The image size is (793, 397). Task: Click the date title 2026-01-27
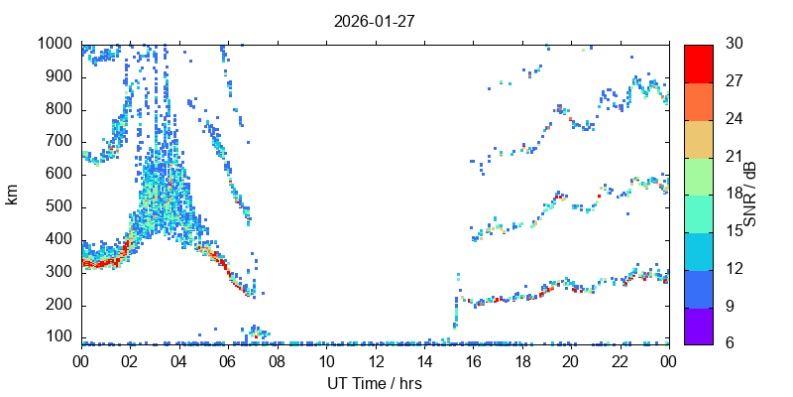point(375,21)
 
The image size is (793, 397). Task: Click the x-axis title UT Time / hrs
point(375,383)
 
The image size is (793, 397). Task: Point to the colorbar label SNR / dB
point(750,194)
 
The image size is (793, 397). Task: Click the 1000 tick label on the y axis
point(54,44)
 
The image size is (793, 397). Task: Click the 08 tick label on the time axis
point(277,361)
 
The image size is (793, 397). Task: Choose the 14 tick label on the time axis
point(423,361)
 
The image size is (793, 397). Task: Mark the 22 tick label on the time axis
point(620,361)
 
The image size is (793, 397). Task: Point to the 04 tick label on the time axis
point(178,361)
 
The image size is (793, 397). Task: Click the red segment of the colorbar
point(698,63)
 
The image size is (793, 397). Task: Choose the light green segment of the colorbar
point(698,175)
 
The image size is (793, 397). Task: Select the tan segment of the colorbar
point(698,137)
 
